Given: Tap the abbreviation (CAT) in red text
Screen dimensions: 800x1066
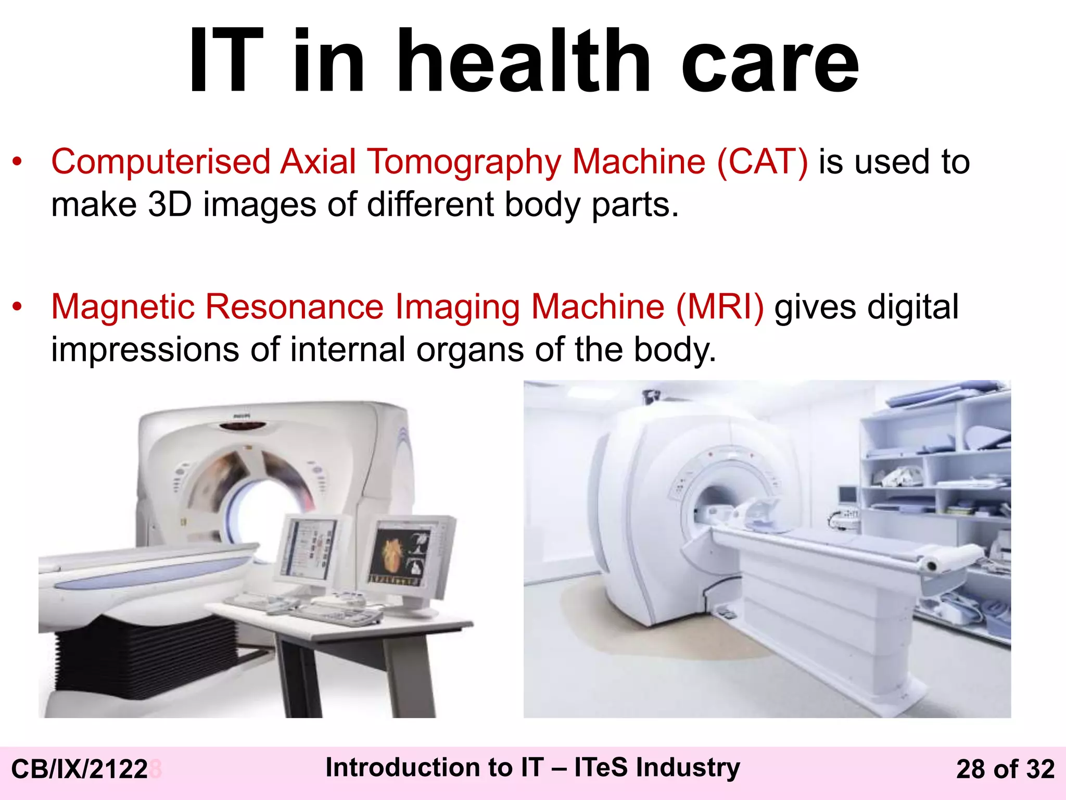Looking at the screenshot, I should pos(762,161).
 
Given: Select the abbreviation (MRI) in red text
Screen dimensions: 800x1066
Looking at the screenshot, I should pos(720,306).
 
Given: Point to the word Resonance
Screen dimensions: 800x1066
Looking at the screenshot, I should pos(294,306).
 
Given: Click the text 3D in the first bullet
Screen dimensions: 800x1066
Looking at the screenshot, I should pos(170,204).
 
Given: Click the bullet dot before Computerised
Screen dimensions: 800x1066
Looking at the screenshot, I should pos(18,162).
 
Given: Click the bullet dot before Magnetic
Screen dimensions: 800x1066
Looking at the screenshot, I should pos(18,307).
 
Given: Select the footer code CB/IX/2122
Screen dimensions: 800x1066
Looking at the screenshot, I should pos(79,769).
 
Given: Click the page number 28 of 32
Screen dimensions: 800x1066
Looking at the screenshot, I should pos(1005,769).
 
